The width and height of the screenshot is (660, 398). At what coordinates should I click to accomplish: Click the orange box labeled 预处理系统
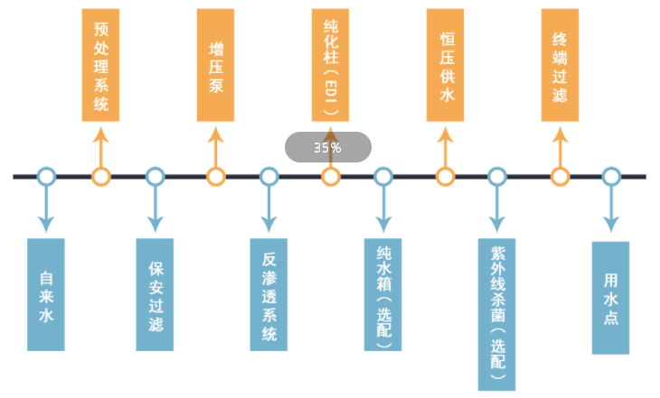[100, 65]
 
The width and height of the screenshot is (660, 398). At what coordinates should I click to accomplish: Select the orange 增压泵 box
[215, 65]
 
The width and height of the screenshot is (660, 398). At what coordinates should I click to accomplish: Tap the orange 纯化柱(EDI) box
[330, 65]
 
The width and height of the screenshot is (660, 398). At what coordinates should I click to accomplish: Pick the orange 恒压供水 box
[445, 65]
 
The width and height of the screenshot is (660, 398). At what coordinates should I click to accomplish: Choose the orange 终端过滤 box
[560, 65]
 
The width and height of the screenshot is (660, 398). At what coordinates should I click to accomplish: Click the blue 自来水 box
[46, 294]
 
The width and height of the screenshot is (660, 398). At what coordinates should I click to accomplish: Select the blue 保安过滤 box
[155, 294]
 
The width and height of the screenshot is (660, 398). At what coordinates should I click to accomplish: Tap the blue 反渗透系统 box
[269, 294]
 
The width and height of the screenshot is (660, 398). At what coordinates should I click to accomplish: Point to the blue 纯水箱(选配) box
[382, 294]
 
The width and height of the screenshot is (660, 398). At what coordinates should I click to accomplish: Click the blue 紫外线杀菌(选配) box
[496, 313]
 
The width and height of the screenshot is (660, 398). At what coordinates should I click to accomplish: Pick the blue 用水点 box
[610, 297]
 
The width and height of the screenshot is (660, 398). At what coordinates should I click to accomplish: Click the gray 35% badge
[328, 147]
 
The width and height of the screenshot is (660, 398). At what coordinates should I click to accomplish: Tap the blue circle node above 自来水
[46, 177]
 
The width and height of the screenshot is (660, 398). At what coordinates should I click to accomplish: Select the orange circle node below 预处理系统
[100, 177]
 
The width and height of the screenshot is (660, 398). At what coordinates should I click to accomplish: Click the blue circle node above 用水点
[611, 177]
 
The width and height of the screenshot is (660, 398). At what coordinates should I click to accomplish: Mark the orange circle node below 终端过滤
[561, 177]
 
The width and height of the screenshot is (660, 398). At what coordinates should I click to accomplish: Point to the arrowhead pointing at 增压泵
[215, 135]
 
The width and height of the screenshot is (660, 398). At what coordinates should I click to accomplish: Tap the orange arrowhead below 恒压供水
[445, 135]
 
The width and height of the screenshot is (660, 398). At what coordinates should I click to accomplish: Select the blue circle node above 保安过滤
[155, 177]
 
